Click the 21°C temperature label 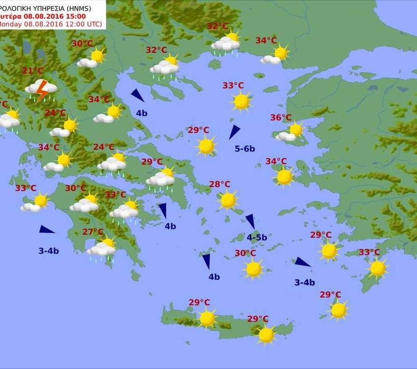[33, 71]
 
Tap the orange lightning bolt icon [42, 89]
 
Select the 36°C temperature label [281, 118]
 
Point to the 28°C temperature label [220, 185]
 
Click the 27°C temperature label [93, 232]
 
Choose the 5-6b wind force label [245, 149]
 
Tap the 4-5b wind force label [257, 237]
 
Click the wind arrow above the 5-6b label [234, 132]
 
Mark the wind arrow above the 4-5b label [250, 221]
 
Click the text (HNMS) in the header [90, 7]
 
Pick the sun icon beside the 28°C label [228, 200]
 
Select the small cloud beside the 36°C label [285, 136]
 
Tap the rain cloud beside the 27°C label [101, 250]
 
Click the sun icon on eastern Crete [266, 334]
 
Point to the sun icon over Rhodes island [377, 269]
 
